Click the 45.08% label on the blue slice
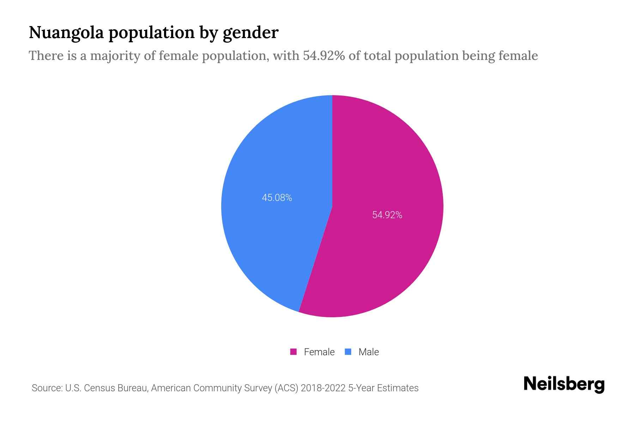pyautogui.click(x=277, y=198)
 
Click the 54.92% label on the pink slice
pyautogui.click(x=387, y=215)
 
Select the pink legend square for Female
pyautogui.click(x=293, y=352)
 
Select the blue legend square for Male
pyautogui.click(x=348, y=352)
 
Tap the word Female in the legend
pyautogui.click(x=319, y=352)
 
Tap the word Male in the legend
pyautogui.click(x=368, y=352)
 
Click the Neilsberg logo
pyautogui.click(x=564, y=384)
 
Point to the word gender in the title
pyautogui.click(x=250, y=33)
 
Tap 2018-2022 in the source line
pyautogui.click(x=323, y=388)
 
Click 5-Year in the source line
pyautogui.click(x=361, y=388)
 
